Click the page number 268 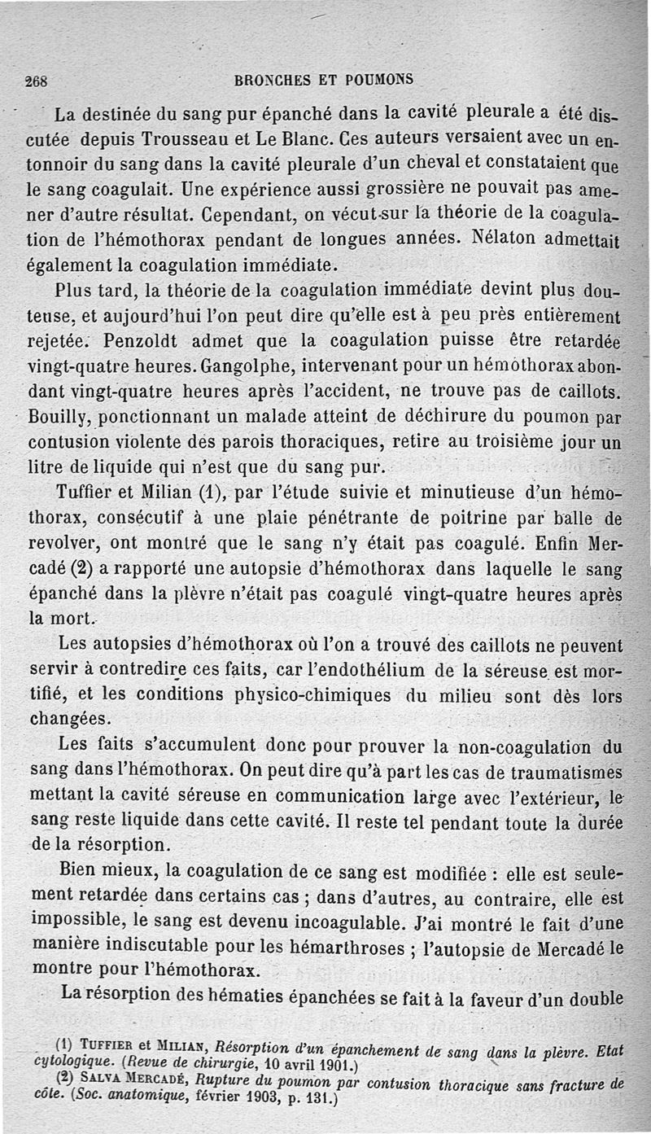[37, 81]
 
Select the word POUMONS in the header [379, 80]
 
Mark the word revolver [63, 544]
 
